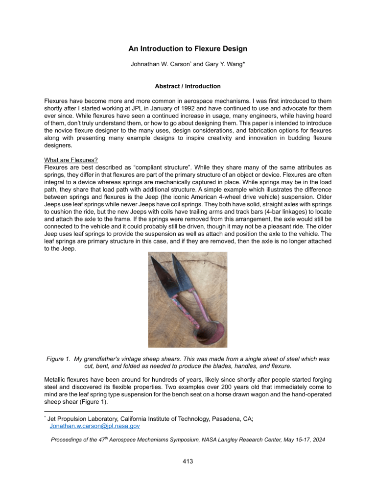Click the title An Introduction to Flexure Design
point(188,49)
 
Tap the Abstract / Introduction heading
point(188,86)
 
